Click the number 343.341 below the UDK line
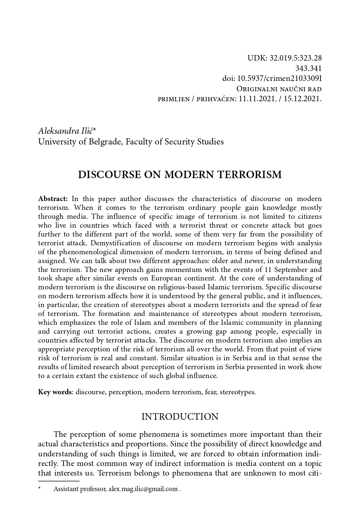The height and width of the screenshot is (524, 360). click(x=308, y=68)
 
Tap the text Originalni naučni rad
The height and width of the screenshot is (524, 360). click(x=279, y=89)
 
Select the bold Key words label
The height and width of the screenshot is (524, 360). click(x=55, y=392)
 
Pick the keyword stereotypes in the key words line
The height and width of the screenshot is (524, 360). click(x=237, y=392)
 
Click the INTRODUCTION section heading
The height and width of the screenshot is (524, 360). click(x=180, y=417)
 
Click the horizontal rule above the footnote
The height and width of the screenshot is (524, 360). click(x=59, y=482)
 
